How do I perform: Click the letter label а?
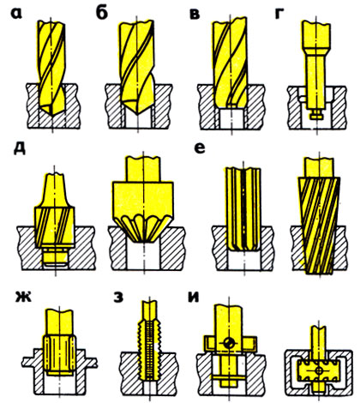point(16,14)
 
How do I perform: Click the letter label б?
point(102,13)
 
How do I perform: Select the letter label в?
point(195,14)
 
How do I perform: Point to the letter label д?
point(20,148)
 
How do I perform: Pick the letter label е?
point(199,148)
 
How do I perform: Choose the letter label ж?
point(24,297)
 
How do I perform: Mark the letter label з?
point(118,297)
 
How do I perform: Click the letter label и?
point(194,297)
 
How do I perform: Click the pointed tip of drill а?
point(52,115)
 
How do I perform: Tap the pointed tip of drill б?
point(138,114)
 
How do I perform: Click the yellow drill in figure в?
point(230,63)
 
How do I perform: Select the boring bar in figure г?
point(315,69)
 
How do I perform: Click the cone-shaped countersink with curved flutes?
point(143,199)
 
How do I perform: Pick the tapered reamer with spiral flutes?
point(319,217)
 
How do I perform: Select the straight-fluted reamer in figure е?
point(243,209)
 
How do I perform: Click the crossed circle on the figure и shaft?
point(229,343)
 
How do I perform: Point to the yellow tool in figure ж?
point(60,342)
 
